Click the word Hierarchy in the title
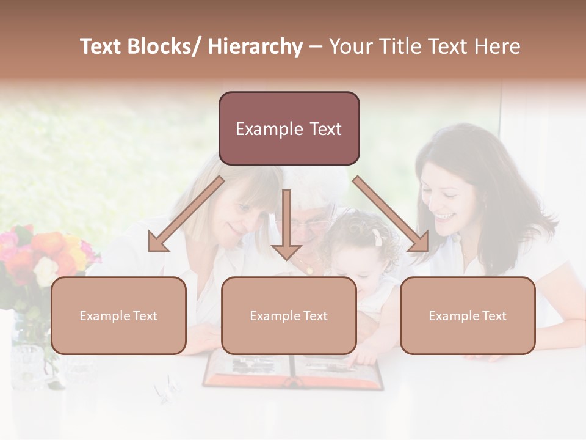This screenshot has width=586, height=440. point(255,46)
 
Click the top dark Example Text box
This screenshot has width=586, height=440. point(289,128)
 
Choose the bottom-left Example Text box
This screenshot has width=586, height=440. point(118,315)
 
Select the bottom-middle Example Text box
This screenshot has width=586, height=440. point(289,315)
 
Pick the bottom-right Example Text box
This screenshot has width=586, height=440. point(468,315)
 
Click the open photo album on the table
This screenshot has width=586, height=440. point(293,371)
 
